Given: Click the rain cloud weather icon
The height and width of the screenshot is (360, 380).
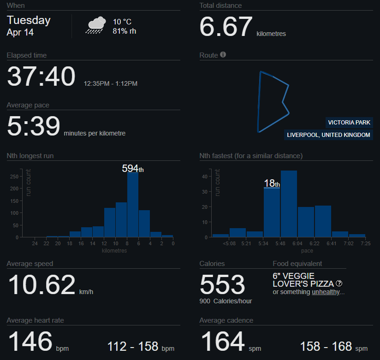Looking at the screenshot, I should (x=95, y=25).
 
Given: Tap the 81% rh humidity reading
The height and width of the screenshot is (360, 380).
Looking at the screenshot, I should (x=124, y=31).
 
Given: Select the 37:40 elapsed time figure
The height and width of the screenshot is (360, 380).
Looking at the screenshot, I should (x=41, y=77).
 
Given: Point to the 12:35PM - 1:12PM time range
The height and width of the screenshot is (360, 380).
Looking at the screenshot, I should (x=111, y=84).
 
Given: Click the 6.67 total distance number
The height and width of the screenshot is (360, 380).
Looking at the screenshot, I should (x=226, y=27).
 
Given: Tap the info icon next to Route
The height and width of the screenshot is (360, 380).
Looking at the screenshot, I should (x=223, y=55).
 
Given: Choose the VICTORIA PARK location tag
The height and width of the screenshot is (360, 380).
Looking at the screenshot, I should (x=348, y=123).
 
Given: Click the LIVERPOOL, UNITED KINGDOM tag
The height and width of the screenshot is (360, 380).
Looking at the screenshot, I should (x=328, y=135).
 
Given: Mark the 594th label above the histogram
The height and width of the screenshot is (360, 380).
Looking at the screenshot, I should (x=133, y=169).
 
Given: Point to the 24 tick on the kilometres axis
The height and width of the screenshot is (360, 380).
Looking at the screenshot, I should (x=35, y=244).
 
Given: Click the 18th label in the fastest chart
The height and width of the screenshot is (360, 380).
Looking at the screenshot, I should (x=272, y=183).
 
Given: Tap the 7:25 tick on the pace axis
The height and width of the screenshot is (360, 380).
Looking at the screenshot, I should (x=366, y=244).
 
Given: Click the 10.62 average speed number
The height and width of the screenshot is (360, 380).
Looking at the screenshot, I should (x=42, y=285).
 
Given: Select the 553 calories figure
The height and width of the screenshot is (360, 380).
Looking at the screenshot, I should (x=222, y=284).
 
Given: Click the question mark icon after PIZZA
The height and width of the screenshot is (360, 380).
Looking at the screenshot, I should (x=339, y=283).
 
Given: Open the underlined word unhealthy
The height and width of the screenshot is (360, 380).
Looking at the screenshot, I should (x=327, y=292).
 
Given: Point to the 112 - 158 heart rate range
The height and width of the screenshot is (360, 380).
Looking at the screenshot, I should (x=133, y=346).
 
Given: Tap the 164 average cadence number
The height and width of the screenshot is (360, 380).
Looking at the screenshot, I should (x=223, y=342).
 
